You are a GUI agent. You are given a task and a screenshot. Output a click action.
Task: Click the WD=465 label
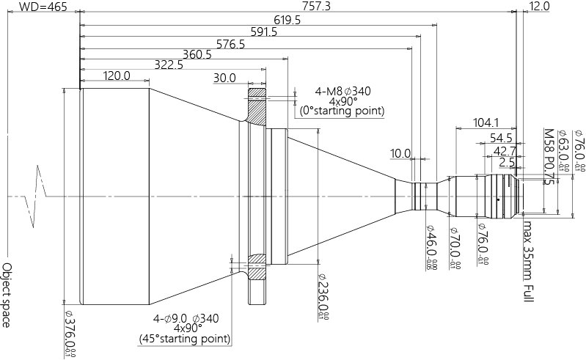(x=43, y=7)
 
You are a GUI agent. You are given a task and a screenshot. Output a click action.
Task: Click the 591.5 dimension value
(x=263, y=32)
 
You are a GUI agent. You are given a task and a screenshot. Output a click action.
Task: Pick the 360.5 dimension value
(x=197, y=55)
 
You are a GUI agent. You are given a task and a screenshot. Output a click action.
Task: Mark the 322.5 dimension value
(x=169, y=66)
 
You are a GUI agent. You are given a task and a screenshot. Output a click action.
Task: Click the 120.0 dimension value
(x=117, y=76)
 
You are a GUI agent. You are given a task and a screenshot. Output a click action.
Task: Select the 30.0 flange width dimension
(x=224, y=78)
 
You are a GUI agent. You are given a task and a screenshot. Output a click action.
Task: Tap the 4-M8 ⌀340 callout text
(x=343, y=92)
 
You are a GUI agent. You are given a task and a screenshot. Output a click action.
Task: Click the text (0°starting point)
(x=343, y=111)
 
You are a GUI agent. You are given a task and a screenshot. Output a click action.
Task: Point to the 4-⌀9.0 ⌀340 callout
(x=186, y=319)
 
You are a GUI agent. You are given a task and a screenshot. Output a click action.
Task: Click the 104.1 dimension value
(x=486, y=122)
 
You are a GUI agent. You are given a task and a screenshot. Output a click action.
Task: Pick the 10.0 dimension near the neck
(x=400, y=154)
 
